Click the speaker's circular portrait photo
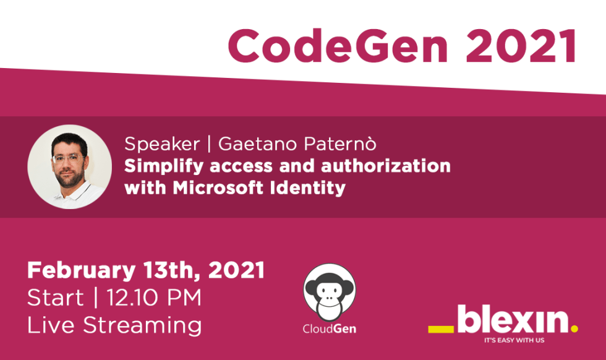coord(70,167)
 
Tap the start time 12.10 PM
coord(154,298)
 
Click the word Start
coord(56,298)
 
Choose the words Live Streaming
coord(114,325)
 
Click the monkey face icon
coord(329,291)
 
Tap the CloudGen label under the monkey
coord(329,328)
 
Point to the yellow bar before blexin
coord(442,328)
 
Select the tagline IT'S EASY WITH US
coord(513,340)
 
